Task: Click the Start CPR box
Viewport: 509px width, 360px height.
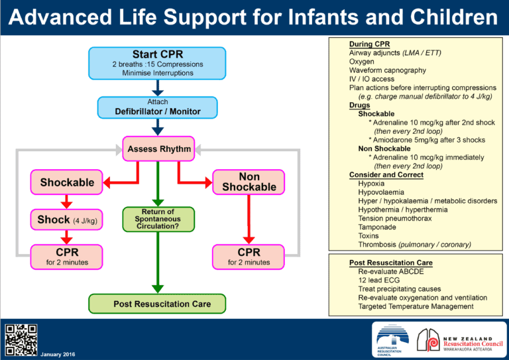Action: tap(158, 62)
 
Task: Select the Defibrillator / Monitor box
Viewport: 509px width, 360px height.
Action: tap(158, 107)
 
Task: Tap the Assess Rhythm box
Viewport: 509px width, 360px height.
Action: tap(158, 149)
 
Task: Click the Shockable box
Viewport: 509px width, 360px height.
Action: tap(67, 182)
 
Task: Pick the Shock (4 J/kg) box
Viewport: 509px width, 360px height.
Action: tap(67, 220)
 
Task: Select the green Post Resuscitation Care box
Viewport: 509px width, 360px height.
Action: tap(157, 304)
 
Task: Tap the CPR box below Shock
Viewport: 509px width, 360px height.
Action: tap(67, 257)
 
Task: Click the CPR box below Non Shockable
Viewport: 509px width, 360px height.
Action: tap(249, 257)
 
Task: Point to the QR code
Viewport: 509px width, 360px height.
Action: tap(21, 340)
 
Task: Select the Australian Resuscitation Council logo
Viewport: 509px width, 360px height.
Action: tap(393, 341)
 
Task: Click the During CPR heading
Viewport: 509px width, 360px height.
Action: tap(370, 44)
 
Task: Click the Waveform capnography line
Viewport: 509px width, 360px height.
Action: tap(388, 70)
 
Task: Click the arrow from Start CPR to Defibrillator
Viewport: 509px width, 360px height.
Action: tap(158, 87)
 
